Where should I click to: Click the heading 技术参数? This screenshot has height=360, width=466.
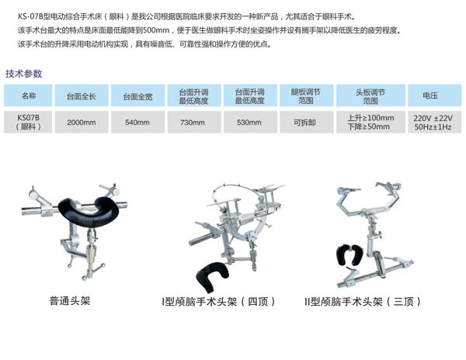pyautogui.click(x=24, y=74)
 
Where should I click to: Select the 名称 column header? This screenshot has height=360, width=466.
pyautogui.click(x=28, y=95)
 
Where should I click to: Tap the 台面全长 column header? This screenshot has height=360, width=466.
pyautogui.click(x=82, y=95)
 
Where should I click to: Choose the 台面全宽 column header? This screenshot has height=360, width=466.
pyautogui.click(x=138, y=95)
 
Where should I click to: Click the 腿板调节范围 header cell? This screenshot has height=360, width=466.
pyautogui.click(x=305, y=95)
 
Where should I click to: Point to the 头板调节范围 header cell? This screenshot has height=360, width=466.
pyautogui.click(x=370, y=95)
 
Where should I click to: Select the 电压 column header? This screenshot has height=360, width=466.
pyautogui.click(x=434, y=95)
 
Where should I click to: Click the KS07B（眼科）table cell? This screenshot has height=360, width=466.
pyautogui.click(x=28, y=122)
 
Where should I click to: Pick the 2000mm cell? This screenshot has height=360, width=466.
pyautogui.click(x=82, y=122)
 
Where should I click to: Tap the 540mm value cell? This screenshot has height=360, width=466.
pyautogui.click(x=138, y=122)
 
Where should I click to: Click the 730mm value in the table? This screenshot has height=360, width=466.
pyautogui.click(x=193, y=122)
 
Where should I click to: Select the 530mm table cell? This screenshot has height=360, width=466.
pyautogui.click(x=250, y=122)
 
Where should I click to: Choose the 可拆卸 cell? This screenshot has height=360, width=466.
pyautogui.click(x=305, y=122)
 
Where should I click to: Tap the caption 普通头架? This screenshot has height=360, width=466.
pyautogui.click(x=70, y=301)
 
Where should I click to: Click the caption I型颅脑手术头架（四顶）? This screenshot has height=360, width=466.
pyautogui.click(x=218, y=302)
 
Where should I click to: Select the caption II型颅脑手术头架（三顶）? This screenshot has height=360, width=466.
pyautogui.click(x=363, y=302)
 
